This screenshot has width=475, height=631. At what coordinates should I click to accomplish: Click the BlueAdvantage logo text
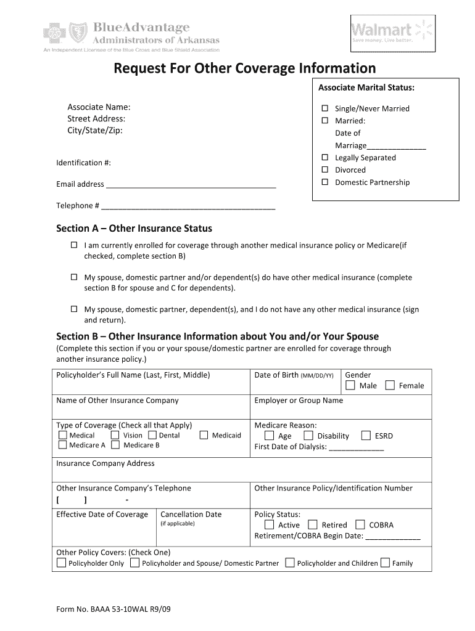point(142,28)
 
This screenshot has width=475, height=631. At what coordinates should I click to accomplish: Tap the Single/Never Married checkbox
point(324,108)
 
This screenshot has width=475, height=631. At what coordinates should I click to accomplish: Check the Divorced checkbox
point(324,169)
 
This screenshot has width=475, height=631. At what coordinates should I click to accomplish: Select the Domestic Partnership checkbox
point(324,182)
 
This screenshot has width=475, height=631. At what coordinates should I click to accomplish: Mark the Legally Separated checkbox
point(324,158)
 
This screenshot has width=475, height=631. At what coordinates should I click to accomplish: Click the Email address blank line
point(191,184)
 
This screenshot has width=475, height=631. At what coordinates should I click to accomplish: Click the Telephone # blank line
point(188,206)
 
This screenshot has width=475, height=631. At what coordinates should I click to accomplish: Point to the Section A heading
point(134,229)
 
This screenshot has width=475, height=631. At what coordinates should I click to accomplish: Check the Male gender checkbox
point(350,386)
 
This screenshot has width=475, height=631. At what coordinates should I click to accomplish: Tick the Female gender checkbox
point(390,386)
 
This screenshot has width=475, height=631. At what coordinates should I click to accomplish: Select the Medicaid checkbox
point(204,435)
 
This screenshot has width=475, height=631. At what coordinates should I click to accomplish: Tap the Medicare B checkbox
point(115,445)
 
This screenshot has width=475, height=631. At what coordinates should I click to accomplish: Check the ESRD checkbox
point(366,436)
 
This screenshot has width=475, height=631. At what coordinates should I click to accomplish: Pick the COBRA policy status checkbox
point(360,525)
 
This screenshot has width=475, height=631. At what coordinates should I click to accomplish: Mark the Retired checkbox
point(313,525)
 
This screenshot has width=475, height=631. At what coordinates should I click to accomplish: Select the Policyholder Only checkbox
point(61,563)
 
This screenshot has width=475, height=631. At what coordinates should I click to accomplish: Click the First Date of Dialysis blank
point(357,447)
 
